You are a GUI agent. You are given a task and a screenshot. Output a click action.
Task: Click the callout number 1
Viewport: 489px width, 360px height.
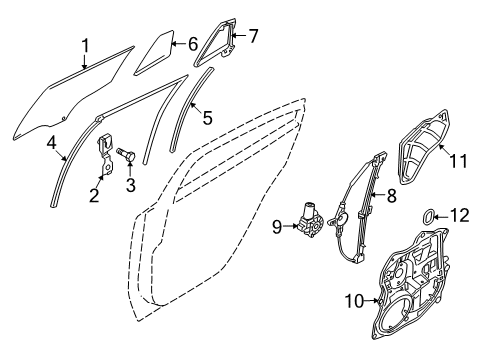pyautogui.click(x=86, y=46)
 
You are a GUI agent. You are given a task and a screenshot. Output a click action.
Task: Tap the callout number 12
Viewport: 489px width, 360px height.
pyautogui.click(x=460, y=215)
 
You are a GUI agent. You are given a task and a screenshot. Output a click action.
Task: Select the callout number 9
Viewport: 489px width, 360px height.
pyautogui.click(x=277, y=227)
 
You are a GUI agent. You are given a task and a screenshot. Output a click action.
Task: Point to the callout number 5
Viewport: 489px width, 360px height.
pyautogui.click(x=207, y=118)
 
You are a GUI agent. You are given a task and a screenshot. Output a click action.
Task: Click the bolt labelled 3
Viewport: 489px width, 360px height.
pyautogui.click(x=127, y=154)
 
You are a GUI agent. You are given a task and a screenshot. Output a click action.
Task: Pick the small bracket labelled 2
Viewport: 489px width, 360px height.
pyautogui.click(x=106, y=154)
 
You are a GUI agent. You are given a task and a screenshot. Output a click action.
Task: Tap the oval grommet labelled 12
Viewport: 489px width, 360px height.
pyautogui.click(x=428, y=216)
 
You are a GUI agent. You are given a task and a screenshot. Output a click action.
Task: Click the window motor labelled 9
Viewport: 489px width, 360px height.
pyautogui.click(x=310, y=220)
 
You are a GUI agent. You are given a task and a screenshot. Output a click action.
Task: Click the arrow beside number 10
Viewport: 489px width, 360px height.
pyautogui.click(x=371, y=301)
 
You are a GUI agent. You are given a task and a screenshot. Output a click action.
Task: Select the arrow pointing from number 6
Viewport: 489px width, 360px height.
pyautogui.click(x=178, y=43)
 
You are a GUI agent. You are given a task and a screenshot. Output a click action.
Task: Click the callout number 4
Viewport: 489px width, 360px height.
pyautogui.click(x=51, y=143)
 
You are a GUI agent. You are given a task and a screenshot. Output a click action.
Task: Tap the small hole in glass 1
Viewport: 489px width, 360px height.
pyautogui.click(x=63, y=118)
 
